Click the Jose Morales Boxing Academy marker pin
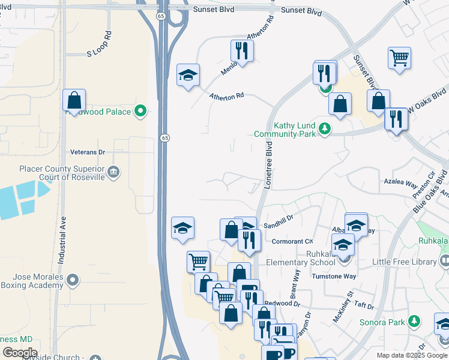(x=73, y=280)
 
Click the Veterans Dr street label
(x=88, y=152)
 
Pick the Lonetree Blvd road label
(x=268, y=166)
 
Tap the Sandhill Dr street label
(x=278, y=223)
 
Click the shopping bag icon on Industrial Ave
(x=74, y=100)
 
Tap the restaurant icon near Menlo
(x=241, y=50)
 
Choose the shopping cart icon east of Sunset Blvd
(x=399, y=58)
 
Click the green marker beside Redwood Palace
(x=140, y=111)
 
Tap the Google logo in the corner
(x=20, y=353)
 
